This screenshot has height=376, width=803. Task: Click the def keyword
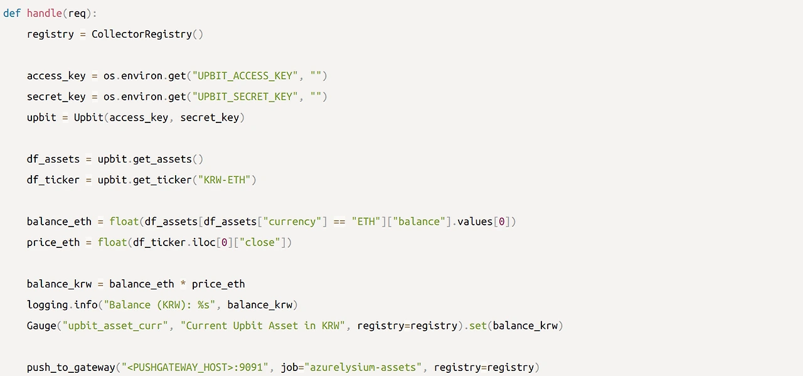pos(12,13)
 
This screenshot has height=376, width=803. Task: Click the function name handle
pos(45,13)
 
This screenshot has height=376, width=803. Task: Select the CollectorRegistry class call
pos(142,34)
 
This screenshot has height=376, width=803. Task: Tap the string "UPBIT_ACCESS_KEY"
pos(243,75)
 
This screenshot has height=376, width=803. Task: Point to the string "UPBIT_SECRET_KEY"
pos(243,96)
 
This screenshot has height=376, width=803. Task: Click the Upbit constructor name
pos(88,117)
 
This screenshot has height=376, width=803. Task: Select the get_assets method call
pos(162,159)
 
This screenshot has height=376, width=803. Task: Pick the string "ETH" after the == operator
pos(366,221)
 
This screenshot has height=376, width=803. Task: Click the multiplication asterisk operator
pos(183,284)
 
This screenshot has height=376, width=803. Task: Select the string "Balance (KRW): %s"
pos(160,304)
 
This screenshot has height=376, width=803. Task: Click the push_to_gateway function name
pos(71,367)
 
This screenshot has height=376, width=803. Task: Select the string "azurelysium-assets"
pos(363,367)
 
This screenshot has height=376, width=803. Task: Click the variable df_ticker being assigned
pos(53,180)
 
